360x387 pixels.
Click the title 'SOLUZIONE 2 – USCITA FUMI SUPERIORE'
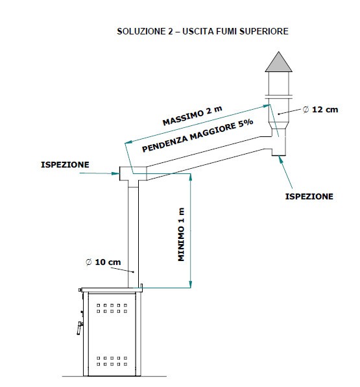coord(202,31)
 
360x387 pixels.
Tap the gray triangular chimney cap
coord(279,63)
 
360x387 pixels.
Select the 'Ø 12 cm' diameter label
coord(320,109)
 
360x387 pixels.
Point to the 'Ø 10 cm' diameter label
coord(103,262)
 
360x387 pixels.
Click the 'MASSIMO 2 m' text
coord(193,116)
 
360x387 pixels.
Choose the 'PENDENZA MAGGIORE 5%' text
coord(198,136)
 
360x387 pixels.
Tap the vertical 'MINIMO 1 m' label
coord(181,234)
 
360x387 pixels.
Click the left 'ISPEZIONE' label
coord(65,165)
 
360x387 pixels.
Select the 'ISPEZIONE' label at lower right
coord(309,197)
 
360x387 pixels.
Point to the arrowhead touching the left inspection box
coord(116,173)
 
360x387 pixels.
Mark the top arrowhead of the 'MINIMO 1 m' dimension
coord(190,177)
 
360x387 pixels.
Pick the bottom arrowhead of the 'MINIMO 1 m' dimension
coord(190,284)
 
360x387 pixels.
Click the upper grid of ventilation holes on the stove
coord(112,308)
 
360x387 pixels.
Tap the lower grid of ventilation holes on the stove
coord(112,361)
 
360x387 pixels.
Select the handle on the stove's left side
coord(80,327)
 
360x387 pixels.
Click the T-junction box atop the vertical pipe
coord(133,173)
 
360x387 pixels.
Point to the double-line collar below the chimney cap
coord(279,97)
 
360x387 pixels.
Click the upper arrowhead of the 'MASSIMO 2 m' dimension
coord(267,106)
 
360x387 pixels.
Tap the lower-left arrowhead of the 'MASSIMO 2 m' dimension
coord(128,142)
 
